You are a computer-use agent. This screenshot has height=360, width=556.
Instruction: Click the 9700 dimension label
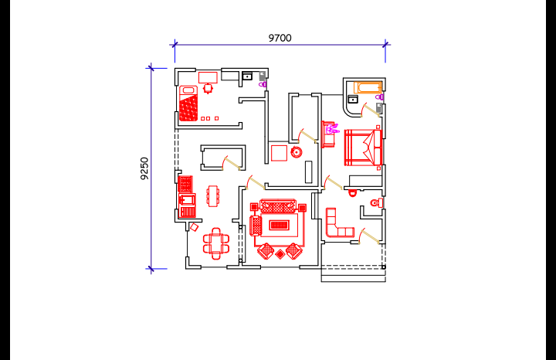coord(280,38)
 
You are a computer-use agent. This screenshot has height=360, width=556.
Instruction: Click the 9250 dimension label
coord(144,168)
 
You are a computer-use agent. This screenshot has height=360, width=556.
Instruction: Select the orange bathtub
coord(368,87)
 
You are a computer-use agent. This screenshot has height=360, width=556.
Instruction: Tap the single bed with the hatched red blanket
coord(188,104)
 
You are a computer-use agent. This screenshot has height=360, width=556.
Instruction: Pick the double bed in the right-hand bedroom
coord(363,148)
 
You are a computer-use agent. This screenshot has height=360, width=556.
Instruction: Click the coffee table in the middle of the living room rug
coord(279,225)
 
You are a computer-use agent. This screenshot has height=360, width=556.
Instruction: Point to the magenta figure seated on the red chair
coord(334,129)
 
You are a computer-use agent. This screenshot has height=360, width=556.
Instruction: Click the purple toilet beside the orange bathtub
coord(379,97)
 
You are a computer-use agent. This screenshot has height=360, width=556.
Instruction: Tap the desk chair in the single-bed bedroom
coord(208,88)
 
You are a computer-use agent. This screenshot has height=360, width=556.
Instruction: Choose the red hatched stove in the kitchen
coord(185,184)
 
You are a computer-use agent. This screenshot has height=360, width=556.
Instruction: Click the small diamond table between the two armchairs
coord(280,254)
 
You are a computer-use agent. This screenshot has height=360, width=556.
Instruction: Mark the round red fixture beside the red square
coord(297,152)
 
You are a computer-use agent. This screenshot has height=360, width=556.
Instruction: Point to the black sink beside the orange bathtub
coord(353,99)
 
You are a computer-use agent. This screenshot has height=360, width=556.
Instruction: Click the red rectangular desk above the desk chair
coord(208,78)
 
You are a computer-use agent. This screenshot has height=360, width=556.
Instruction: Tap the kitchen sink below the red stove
coord(187,199)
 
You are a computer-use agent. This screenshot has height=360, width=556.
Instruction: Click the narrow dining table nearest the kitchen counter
coord(213,195)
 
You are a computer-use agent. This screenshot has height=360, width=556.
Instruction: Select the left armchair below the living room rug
coord(266,251)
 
